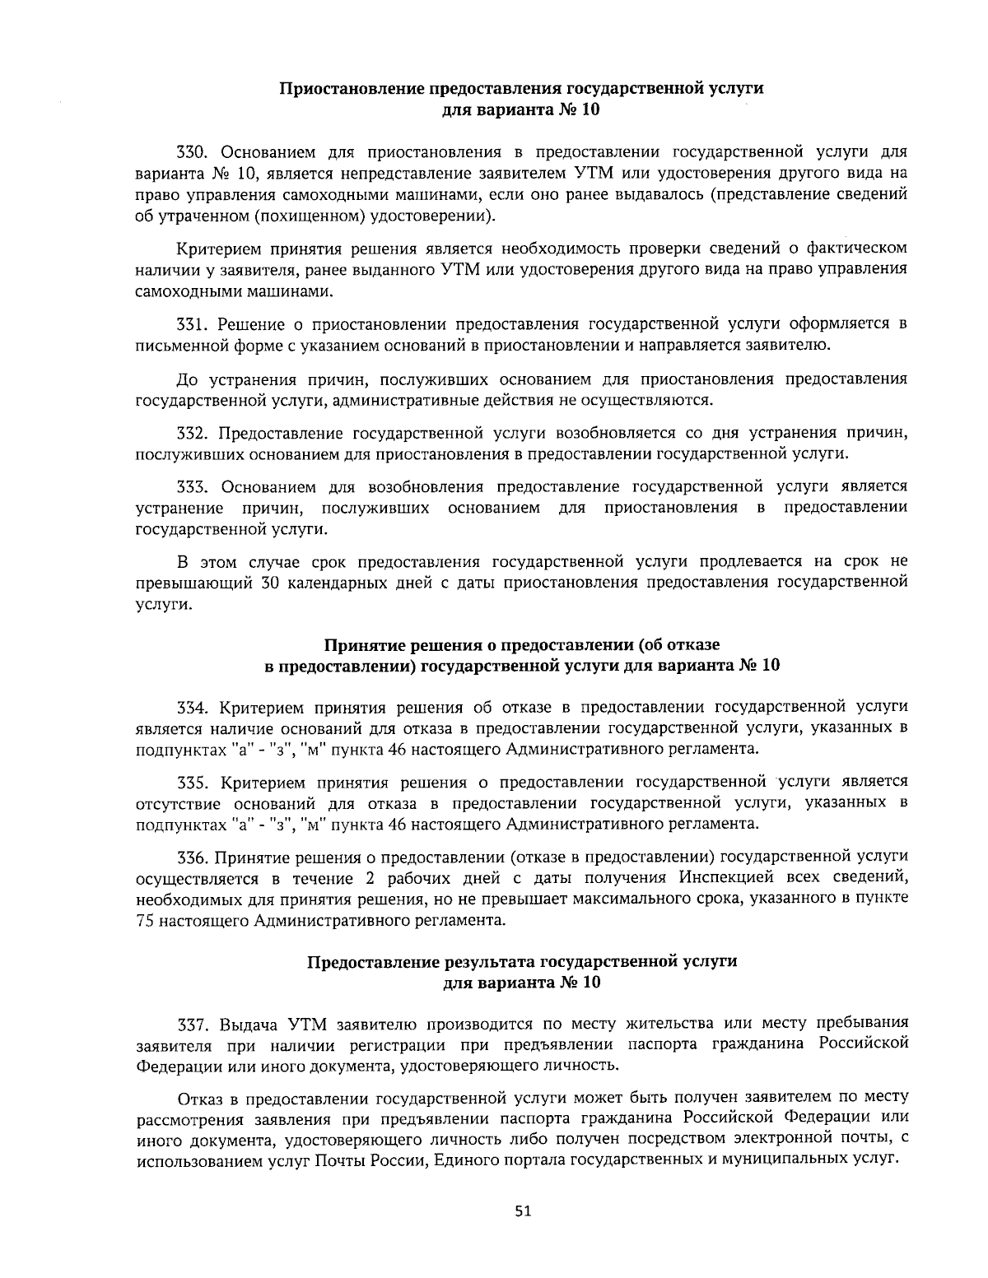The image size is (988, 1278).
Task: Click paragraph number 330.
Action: point(194,152)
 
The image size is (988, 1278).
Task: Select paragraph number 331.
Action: point(194,324)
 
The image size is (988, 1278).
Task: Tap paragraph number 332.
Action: point(194,433)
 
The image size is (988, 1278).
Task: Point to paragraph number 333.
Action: point(194,486)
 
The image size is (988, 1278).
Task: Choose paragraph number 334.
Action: point(194,706)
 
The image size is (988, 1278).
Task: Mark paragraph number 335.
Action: point(194,781)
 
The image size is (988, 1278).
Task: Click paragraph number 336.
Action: point(194,856)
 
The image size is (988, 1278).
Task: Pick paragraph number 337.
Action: point(194,1024)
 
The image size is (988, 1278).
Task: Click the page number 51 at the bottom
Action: point(523,1211)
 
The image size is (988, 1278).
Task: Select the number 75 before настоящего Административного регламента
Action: point(145,920)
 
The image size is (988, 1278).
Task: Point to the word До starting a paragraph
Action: point(188,379)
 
